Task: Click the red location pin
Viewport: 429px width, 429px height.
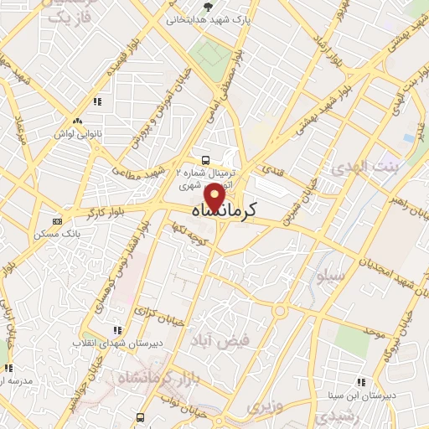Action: (215, 196)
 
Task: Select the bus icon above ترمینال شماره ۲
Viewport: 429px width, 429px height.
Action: (205, 159)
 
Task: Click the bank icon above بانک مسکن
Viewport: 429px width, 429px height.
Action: (56, 220)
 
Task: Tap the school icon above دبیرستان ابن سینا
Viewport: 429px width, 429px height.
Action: (361, 382)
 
